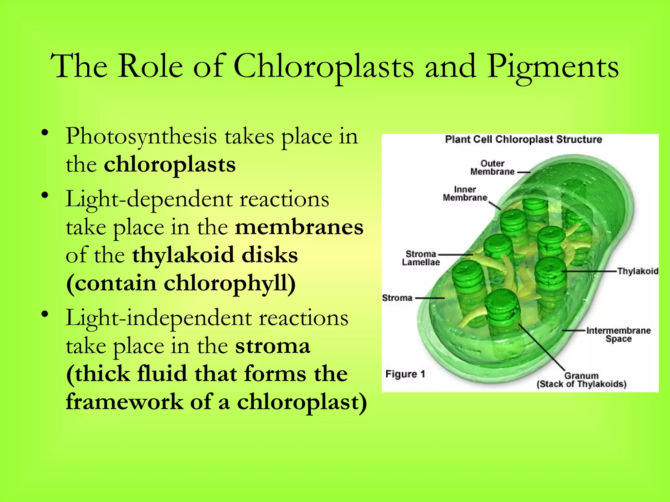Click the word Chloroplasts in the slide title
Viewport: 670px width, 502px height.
tap(324, 67)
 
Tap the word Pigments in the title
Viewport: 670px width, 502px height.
tap(553, 67)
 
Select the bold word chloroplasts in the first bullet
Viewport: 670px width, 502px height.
tap(169, 164)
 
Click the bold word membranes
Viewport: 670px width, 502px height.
tap(299, 227)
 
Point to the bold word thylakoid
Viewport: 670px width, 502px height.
tap(183, 255)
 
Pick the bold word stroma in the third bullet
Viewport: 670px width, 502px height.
tap(272, 346)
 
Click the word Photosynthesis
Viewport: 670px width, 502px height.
tap(141, 137)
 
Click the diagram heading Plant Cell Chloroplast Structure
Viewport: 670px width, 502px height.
tap(523, 140)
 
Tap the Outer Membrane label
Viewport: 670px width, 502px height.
tap(492, 168)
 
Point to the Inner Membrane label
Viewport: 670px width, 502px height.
tap(465, 194)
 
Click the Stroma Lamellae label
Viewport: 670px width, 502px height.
tap(421, 258)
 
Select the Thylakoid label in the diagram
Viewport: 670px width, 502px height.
tap(637, 271)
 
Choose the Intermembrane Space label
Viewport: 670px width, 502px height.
tap(618, 335)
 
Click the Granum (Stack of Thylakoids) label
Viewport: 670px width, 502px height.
tap(581, 380)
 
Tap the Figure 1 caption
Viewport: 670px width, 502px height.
tap(405, 374)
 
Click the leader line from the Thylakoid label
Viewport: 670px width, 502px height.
tap(589, 271)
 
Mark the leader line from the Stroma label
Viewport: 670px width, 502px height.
tap(430, 298)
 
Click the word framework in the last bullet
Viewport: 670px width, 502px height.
tap(124, 402)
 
